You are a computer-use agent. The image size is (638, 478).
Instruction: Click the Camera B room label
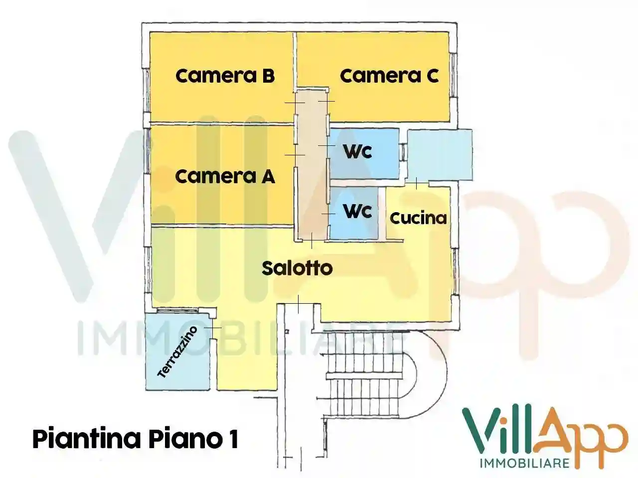225,76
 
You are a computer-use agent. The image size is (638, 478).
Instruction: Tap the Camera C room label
389,76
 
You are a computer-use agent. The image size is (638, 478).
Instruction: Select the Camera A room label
225,176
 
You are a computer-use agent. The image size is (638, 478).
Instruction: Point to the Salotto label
297,268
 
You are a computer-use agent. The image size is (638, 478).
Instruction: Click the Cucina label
418,218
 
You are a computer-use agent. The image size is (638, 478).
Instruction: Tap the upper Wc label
358,151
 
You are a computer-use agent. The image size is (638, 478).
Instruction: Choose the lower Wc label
358,211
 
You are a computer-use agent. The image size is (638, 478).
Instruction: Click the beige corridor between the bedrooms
312,164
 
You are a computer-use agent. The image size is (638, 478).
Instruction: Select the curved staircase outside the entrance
374,373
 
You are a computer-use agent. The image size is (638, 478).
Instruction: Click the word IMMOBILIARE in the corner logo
524,463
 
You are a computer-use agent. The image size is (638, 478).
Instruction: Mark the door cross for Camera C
326,101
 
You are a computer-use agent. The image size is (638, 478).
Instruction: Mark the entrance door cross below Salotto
298,304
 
